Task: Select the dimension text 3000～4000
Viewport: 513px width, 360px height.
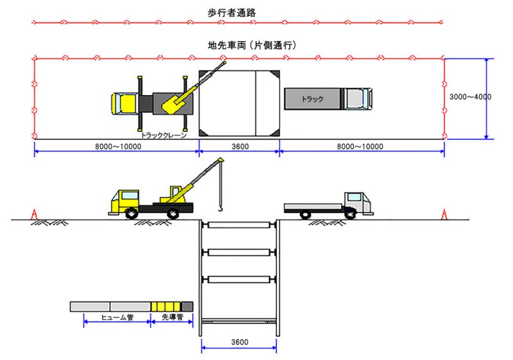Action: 469,97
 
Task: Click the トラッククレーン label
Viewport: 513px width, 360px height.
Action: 164,135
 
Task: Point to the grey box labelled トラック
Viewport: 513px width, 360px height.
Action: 314,99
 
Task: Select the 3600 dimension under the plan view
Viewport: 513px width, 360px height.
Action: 240,146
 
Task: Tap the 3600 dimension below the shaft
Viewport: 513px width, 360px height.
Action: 239,342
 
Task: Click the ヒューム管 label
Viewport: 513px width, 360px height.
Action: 117,318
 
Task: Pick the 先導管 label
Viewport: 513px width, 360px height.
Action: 172,318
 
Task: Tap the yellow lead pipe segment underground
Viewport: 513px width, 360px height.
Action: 166,307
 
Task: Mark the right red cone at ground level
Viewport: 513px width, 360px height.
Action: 443,214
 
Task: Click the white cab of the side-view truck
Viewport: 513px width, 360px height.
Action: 357,201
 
